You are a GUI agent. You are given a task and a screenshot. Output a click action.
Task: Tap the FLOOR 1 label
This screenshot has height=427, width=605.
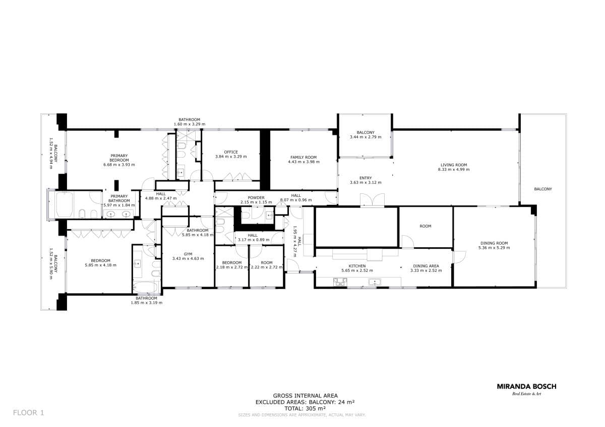[x=28, y=412]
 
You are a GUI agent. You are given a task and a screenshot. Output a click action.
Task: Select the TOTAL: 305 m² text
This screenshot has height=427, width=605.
[x=305, y=408]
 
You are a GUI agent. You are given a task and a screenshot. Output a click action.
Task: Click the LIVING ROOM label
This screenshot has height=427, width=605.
[x=454, y=165]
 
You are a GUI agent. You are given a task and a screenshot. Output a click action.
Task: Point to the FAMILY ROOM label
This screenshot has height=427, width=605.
[x=304, y=157]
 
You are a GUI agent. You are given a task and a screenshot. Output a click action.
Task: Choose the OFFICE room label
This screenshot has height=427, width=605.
[x=231, y=152]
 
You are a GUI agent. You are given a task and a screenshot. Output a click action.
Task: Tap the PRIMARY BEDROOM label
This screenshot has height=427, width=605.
[x=119, y=158]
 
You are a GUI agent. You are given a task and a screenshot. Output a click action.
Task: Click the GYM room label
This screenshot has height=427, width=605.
[x=188, y=254]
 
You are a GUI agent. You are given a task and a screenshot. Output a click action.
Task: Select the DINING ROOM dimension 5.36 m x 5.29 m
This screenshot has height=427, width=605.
[x=494, y=248]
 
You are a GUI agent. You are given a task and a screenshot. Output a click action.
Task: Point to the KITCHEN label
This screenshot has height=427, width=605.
[x=357, y=266]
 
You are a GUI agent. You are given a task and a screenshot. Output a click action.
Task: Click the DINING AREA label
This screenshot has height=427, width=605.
[x=426, y=266]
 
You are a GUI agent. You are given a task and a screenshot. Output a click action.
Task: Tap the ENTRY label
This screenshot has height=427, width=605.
[x=366, y=178]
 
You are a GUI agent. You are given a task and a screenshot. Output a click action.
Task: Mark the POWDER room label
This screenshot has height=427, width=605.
[x=256, y=198]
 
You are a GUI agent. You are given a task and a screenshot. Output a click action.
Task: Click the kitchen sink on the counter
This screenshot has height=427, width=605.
[x=375, y=282]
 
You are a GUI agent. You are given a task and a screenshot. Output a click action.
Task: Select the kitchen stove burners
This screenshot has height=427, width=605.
[x=340, y=282]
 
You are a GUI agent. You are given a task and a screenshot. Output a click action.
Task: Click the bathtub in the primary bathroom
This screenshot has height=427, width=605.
[x=65, y=205]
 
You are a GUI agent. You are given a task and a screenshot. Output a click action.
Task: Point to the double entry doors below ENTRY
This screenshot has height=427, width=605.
[x=372, y=200]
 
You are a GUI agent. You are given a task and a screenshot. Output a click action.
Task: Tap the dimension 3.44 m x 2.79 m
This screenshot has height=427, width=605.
[x=366, y=137]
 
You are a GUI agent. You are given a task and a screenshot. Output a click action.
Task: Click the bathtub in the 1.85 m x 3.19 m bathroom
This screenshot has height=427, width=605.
[x=146, y=287]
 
